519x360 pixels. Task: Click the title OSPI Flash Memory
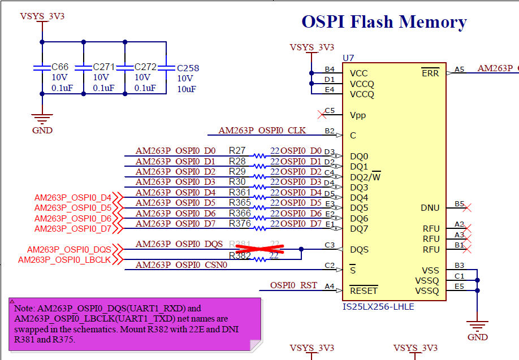point(384,22)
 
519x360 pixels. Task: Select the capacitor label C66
point(60,67)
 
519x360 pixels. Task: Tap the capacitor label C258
point(188,68)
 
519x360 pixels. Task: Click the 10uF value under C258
point(187,89)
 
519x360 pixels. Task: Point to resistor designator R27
point(237,151)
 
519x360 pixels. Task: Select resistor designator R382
point(240,255)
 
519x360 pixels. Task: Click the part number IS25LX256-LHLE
point(378,306)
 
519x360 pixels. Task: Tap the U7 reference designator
point(348,58)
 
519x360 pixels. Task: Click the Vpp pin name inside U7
point(358,115)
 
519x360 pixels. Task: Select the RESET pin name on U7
point(364,291)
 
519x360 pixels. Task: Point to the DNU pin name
point(430,208)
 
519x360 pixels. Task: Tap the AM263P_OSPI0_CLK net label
point(262,131)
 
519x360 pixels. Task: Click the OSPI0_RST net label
point(293,285)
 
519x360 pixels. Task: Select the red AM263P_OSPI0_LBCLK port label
point(64,260)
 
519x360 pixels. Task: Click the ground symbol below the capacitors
point(42,120)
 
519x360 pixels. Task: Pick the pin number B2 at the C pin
point(329,131)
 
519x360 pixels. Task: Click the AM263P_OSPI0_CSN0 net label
point(181,264)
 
